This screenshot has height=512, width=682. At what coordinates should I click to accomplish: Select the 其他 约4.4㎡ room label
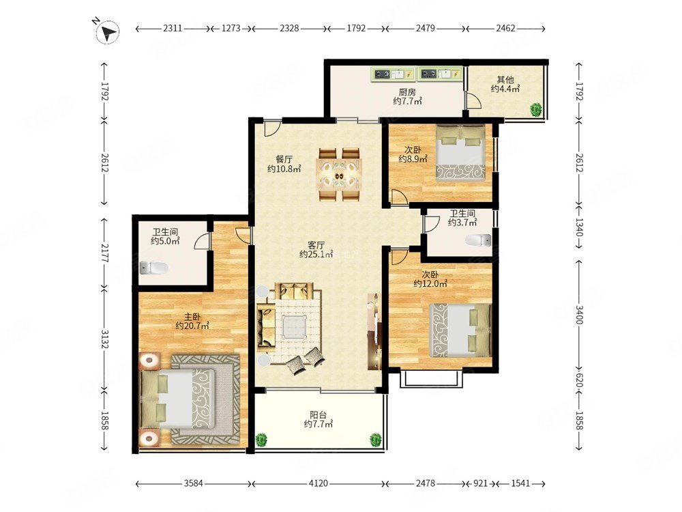505,84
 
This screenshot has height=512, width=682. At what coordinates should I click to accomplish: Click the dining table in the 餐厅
340,175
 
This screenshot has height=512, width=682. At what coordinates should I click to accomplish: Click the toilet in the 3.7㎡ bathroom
479,240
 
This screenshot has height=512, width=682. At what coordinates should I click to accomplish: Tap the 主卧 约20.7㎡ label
192,321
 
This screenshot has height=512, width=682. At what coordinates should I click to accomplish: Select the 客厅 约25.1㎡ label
316,249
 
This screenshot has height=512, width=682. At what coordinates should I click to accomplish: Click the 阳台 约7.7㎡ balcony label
318,419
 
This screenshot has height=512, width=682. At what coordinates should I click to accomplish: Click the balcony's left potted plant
261,439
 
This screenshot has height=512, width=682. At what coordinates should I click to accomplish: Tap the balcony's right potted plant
375,439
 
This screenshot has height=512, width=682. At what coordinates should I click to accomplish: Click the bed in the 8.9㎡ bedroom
460,153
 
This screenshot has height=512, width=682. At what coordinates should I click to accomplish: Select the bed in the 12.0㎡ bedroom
460,330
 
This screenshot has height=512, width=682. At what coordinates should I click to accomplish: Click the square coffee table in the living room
293,326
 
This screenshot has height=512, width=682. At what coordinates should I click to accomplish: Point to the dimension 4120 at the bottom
318,483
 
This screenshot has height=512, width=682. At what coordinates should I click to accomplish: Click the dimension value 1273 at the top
231,28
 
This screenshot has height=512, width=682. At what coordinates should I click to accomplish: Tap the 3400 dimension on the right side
579,314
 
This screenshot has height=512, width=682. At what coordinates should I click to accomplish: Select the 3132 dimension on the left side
104,339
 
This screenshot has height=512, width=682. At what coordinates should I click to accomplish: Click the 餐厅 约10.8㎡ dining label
284,164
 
